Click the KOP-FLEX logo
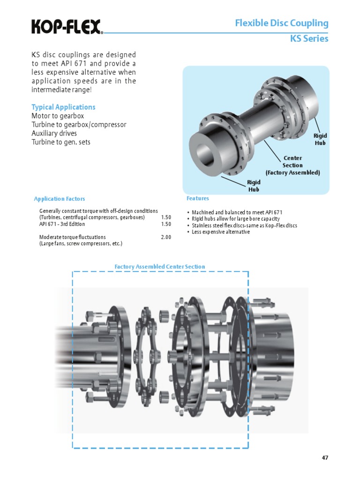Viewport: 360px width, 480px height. point(67,27)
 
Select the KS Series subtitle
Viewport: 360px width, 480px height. point(309,39)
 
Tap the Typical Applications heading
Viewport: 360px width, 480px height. point(63,107)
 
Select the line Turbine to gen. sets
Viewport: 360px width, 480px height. point(61,142)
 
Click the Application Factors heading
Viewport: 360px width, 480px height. point(60,199)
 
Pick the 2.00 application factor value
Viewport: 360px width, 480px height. point(166,237)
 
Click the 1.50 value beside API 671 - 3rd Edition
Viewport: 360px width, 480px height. point(166,224)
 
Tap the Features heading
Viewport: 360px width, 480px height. point(198,198)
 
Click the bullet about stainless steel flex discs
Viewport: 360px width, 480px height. point(244,225)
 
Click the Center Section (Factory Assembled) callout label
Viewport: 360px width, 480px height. point(292,165)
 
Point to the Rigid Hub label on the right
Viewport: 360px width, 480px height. point(320,139)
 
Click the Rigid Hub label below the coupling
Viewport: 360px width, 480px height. point(253,186)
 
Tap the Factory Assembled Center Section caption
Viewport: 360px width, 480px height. point(160,267)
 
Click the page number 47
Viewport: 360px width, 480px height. point(325,458)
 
